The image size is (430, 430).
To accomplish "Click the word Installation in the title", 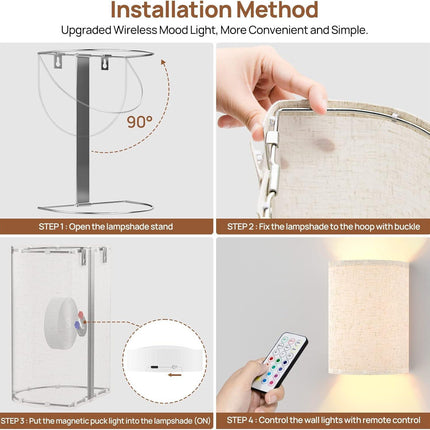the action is coord(171,10).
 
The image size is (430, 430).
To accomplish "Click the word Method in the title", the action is coord(277,10).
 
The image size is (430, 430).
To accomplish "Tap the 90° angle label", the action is coord(139,122).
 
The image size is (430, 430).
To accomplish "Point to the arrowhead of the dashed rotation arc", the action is coord(163,62).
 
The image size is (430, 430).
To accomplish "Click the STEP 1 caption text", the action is coord(106,227).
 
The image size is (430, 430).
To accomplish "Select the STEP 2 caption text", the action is coord(323,227).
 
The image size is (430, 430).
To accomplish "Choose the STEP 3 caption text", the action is coord(106,421).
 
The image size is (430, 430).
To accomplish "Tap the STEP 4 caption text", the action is coord(323,420).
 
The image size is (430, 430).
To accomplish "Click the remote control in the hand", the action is coord(279,362).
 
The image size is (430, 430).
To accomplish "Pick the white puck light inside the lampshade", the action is coord(63,323).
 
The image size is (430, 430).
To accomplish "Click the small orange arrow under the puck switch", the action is coord(175,375).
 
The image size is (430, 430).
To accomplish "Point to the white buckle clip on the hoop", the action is coord(271,138).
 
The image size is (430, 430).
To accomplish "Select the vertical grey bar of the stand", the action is coord(83,130).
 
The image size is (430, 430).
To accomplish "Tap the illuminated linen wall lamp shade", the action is coord(369,317).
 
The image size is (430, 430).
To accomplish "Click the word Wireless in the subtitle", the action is coord(135,30).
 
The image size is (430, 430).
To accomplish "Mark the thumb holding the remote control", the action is coord(272,398).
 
